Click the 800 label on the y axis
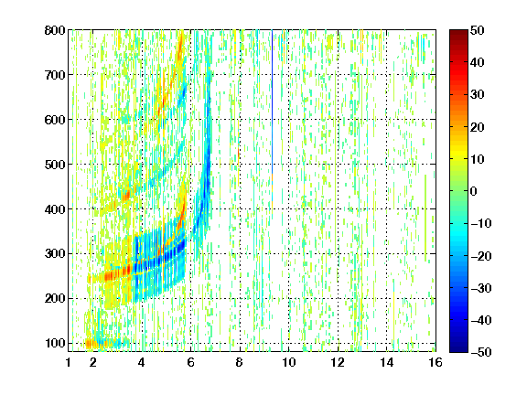[x=55, y=30]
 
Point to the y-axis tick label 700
[x=55, y=75]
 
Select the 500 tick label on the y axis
[x=55, y=165]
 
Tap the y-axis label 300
[x=55, y=254]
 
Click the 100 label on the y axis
[x=55, y=343]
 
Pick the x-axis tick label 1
[x=69, y=362]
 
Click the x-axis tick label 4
[x=142, y=362]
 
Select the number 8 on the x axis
[x=240, y=362]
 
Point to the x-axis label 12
[x=338, y=362]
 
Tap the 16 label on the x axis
[x=436, y=362]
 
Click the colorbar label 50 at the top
[x=478, y=30]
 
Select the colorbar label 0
[x=474, y=191]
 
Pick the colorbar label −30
[x=481, y=288]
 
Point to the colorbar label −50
[x=481, y=352]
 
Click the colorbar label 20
[x=478, y=127]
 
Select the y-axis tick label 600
[x=55, y=120]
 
